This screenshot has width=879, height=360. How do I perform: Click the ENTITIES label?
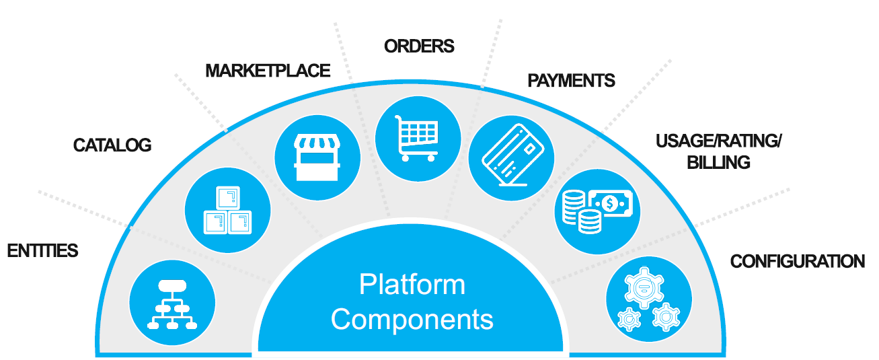coord(42,251)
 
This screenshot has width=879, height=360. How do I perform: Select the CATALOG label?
coord(112,145)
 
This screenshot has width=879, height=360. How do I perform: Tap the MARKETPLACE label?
coord(268,71)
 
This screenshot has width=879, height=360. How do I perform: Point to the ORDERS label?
coord(419,46)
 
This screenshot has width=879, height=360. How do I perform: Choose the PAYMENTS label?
coord(571,81)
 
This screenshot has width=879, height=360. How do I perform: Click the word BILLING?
coord(718,162)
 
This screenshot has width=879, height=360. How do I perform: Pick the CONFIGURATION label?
coord(798,261)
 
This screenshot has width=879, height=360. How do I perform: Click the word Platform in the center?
coord(412,285)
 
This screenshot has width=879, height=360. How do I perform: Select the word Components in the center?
coord(412,319)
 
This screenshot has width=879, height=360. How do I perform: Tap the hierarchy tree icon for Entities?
coord(173,304)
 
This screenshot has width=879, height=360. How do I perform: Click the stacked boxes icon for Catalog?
coord(227,210)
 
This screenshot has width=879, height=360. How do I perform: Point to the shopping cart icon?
coord(417,138)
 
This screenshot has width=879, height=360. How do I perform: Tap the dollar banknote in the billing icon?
coord(611,203)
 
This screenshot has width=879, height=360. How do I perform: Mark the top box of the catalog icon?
coord(227,198)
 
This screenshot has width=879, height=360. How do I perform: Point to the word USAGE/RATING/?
coord(718,141)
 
